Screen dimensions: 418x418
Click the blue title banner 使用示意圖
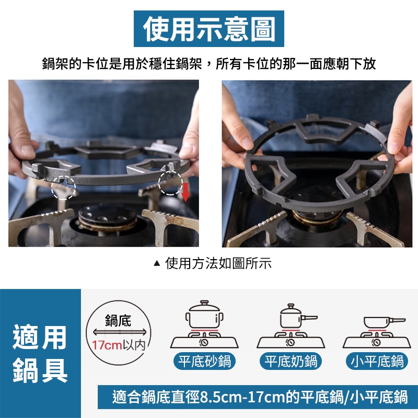point(208,29)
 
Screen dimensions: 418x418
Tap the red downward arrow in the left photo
point(185,192)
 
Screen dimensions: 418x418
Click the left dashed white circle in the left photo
point(63,188)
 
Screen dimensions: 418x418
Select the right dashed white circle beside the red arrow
point(171,183)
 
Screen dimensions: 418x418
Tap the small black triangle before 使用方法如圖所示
point(157,264)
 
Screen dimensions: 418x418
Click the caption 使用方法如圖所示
point(218,263)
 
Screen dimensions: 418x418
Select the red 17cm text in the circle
point(107,345)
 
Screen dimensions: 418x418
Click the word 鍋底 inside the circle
point(118,320)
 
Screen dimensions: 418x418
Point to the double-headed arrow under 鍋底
point(120,332)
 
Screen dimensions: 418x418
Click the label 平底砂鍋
point(204,362)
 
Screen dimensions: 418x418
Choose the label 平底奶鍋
point(291,362)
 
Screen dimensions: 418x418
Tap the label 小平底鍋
point(377,362)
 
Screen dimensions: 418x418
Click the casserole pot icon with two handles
point(204,315)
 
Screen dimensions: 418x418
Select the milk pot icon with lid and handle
point(297,317)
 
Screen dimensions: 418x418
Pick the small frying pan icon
point(384,322)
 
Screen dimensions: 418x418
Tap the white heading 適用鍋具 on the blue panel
point(40,354)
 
